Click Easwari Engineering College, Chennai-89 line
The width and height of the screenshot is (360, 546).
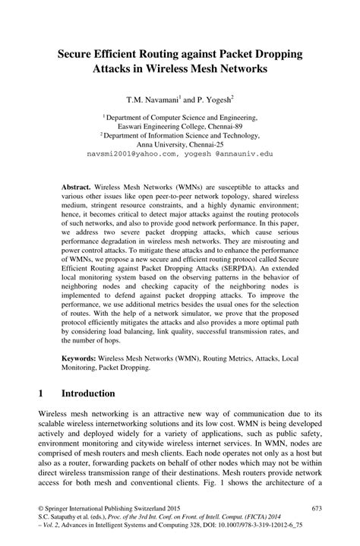click(180, 128)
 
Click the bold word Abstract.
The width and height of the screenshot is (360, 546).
click(76, 186)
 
